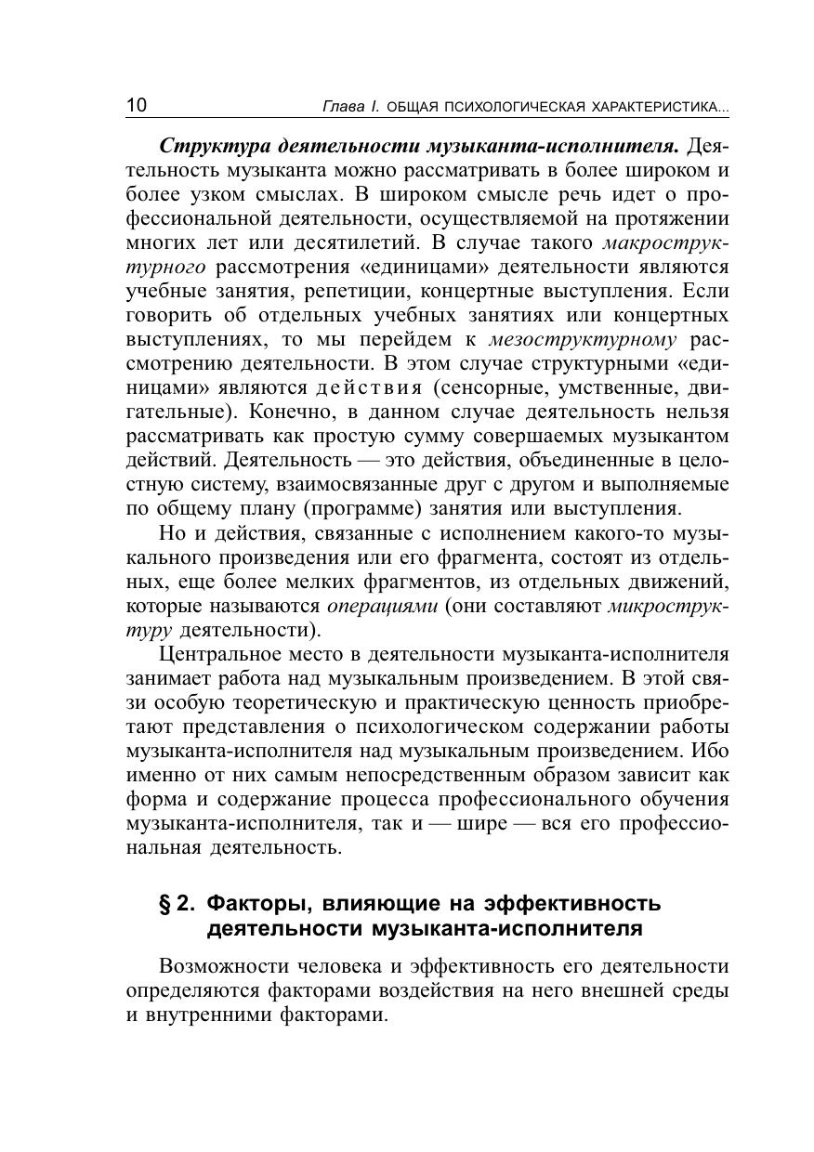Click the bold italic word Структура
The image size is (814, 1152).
[x=205, y=147]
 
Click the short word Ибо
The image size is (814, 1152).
[x=710, y=751]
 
